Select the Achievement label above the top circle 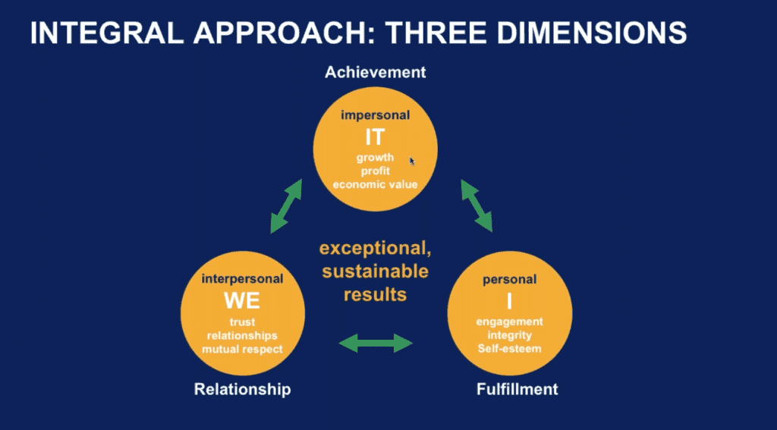[x=375, y=72]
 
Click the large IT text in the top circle [x=375, y=137]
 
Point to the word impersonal [x=375, y=115]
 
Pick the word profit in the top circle [x=375, y=171]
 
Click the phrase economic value [x=375, y=185]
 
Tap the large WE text [x=242, y=301]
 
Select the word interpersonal [x=242, y=279]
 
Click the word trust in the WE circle [x=242, y=322]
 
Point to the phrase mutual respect [x=242, y=350]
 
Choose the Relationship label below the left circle [x=242, y=389]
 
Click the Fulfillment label [x=517, y=389]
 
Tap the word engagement [x=509, y=322]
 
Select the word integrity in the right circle [x=509, y=335]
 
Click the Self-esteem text [x=509, y=349]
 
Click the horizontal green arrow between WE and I [x=376, y=343]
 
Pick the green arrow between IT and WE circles [x=286, y=206]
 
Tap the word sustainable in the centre [x=375, y=271]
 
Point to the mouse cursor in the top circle [x=412, y=161]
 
